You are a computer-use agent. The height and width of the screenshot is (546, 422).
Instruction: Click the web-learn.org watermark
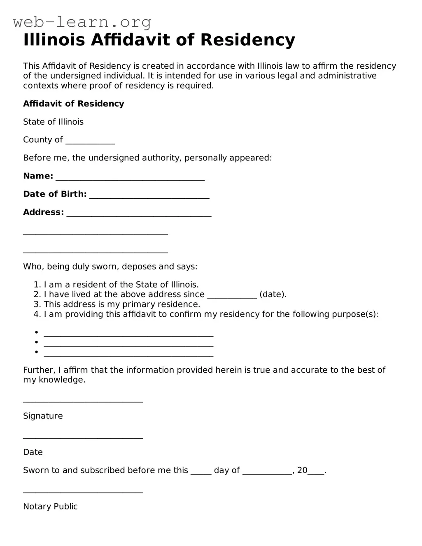(82, 22)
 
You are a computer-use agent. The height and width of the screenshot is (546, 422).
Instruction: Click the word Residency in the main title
(248, 40)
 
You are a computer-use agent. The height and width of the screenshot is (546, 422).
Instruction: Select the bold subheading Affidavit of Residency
(73, 104)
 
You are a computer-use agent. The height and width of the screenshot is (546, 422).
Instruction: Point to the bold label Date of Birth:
(55, 194)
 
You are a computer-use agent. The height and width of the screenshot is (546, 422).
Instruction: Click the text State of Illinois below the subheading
(53, 122)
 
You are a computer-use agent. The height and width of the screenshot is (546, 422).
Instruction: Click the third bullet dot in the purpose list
(36, 352)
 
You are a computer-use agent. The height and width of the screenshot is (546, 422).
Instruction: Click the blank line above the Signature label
(83, 400)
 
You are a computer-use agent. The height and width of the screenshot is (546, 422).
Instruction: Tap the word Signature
(43, 416)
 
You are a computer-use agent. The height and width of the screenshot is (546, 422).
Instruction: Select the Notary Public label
(50, 507)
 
